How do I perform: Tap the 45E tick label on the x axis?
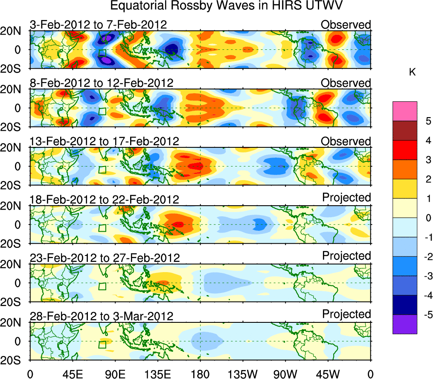click(72, 373)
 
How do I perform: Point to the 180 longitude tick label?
click(200, 373)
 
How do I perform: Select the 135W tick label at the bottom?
click(243, 373)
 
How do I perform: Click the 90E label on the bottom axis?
click(114, 373)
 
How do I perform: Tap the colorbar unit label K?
click(412, 73)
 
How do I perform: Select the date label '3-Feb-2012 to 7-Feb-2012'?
click(98, 25)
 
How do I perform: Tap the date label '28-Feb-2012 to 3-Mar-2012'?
click(102, 316)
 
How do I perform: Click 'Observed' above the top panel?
click(346, 25)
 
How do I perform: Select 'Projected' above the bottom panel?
click(346, 314)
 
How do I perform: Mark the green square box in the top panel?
click(102, 53)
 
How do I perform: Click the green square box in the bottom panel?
click(102, 345)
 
